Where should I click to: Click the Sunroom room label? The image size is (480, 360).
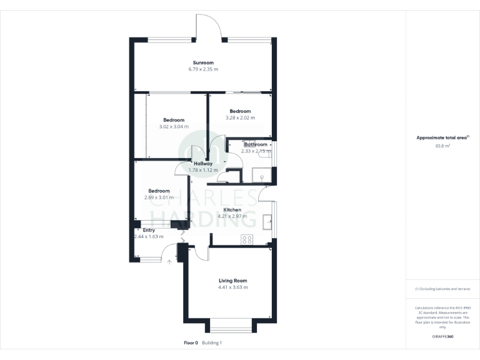[203, 62]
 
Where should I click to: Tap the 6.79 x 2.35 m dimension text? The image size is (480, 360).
[203, 69]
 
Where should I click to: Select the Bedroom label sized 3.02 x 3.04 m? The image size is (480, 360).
[174, 120]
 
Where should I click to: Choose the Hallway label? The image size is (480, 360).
[203, 163]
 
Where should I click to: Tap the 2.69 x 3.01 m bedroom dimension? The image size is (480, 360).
[159, 197]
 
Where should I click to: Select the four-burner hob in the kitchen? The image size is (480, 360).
[246, 239]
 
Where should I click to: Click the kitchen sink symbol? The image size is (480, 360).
[267, 219]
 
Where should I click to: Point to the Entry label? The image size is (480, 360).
[149, 230]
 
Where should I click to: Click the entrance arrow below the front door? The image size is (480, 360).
[169, 262]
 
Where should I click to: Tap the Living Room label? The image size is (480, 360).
[233, 281]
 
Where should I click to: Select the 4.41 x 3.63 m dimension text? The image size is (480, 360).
[233, 287]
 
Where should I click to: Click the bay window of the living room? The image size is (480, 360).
[232, 326]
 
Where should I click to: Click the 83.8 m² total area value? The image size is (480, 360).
[442, 146]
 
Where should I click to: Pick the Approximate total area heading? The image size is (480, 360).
[442, 137]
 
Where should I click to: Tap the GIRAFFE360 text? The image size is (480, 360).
[442, 336]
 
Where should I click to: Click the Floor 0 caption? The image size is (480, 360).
[191, 342]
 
